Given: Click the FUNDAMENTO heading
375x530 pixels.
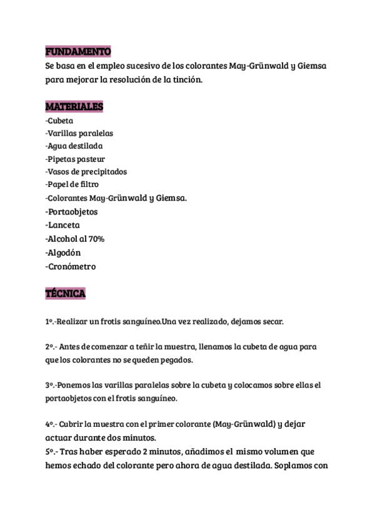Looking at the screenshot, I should pyautogui.click(x=77, y=51).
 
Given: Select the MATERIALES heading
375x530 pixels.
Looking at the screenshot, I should pyautogui.click(x=74, y=107).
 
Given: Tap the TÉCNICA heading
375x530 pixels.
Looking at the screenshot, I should pyautogui.click(x=65, y=293).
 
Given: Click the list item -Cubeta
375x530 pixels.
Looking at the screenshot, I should pyautogui.click(x=60, y=120).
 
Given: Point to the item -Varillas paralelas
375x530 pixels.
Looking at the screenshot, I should pyautogui.click(x=79, y=133).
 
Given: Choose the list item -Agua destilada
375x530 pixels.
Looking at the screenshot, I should pyautogui.click(x=74, y=146).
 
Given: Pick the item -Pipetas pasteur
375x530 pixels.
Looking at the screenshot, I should pyautogui.click(x=76, y=159).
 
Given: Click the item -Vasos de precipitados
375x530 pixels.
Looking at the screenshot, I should pyautogui.click(x=86, y=171).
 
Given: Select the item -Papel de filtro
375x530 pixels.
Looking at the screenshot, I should pyautogui.click(x=72, y=184).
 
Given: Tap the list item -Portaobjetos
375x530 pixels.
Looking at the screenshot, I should pyautogui.click(x=71, y=211).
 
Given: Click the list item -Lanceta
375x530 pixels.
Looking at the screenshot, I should pyautogui.click(x=62, y=225).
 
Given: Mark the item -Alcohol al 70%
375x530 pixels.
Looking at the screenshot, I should pyautogui.click(x=75, y=239).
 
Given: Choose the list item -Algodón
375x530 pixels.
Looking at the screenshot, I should pyautogui.click(x=63, y=252).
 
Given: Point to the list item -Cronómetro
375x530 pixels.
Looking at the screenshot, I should pyautogui.click(x=71, y=266).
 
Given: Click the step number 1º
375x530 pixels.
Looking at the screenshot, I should pyautogui.click(x=50, y=322).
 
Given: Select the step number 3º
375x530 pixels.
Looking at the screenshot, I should pyautogui.click(x=51, y=385).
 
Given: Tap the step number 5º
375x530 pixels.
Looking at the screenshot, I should pyautogui.click(x=51, y=451).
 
